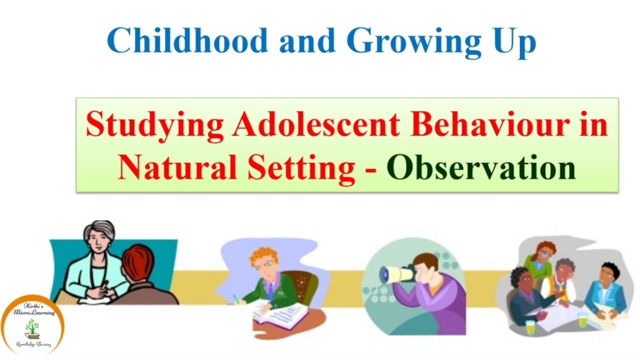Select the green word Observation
coord(481,168)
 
